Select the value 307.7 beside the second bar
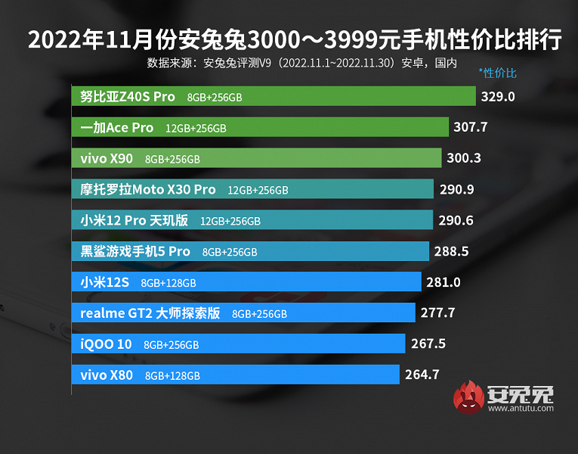[x=470, y=127]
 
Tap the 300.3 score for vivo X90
[x=462, y=158]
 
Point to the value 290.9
[x=456, y=189]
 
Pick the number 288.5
[x=450, y=251]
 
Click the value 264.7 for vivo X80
[x=422, y=375]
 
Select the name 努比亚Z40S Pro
[x=128, y=96]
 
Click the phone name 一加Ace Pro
[x=117, y=127]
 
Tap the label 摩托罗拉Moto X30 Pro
[x=148, y=189]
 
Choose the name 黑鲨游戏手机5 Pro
[x=135, y=251]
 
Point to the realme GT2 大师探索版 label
[x=150, y=313]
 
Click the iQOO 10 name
[x=106, y=344]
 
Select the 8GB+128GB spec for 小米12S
[x=168, y=283]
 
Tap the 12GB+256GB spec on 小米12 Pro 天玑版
[x=230, y=221]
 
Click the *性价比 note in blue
[x=497, y=73]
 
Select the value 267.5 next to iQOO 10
[x=428, y=344]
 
